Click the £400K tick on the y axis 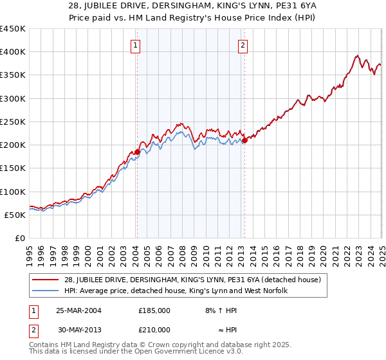coord(13,52)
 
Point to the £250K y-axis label coord(13,122)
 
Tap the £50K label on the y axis coord(15,215)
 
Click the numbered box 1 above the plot coord(136,45)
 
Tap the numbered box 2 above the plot coord(243,45)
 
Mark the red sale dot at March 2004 coord(137,152)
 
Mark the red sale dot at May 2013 coord(244,140)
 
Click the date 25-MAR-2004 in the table coord(78,310)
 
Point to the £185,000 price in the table coord(154,310)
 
